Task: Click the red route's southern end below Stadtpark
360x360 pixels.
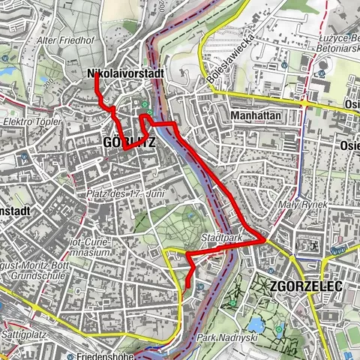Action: (x=184, y=287)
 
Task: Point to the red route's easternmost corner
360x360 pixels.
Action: (x=264, y=239)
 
